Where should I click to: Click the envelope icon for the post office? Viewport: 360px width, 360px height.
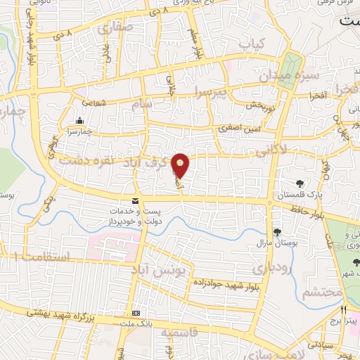135,202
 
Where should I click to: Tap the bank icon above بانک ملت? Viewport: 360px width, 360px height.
136,313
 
